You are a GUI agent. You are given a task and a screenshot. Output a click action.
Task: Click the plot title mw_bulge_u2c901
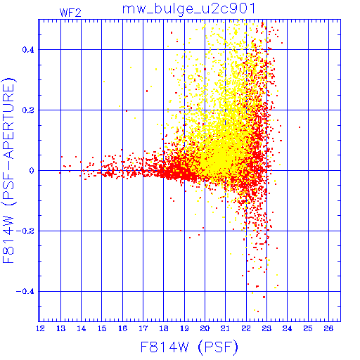tap(188, 10)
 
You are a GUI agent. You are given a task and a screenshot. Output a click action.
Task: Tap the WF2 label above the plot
tap(70, 13)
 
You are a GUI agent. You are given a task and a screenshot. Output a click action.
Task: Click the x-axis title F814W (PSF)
tap(189, 347)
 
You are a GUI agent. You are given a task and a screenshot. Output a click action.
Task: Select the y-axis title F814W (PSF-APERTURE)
tap(8, 170)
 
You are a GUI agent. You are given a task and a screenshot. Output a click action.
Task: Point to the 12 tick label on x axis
tap(40, 328)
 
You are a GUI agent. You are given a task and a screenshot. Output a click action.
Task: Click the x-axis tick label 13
tap(61, 328)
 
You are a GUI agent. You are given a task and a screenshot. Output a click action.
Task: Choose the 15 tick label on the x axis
tap(102, 328)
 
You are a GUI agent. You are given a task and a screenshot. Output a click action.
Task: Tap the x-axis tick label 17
tap(143, 328)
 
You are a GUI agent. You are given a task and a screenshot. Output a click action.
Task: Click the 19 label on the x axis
tap(184, 328)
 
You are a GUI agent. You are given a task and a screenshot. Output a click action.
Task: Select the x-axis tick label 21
tap(226, 328)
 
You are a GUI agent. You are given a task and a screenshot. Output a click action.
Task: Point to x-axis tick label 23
tap(266, 328)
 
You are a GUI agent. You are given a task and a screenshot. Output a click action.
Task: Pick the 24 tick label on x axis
tap(288, 328)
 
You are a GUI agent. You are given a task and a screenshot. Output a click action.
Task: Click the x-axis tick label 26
tap(328, 328)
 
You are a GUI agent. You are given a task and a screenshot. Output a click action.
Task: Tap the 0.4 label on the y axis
tap(28, 50)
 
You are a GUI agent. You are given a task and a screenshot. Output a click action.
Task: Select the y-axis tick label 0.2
tap(28, 110)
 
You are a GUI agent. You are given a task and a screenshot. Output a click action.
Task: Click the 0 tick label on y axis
tap(32, 171)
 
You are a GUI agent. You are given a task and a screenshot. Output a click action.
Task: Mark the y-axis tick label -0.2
tap(25, 231)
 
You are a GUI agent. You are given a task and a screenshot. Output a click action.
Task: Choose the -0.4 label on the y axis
tap(25, 292)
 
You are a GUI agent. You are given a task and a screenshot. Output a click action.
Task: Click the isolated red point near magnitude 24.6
tap(300, 127)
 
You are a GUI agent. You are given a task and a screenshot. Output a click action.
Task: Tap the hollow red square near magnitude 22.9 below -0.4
tap(264, 297)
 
